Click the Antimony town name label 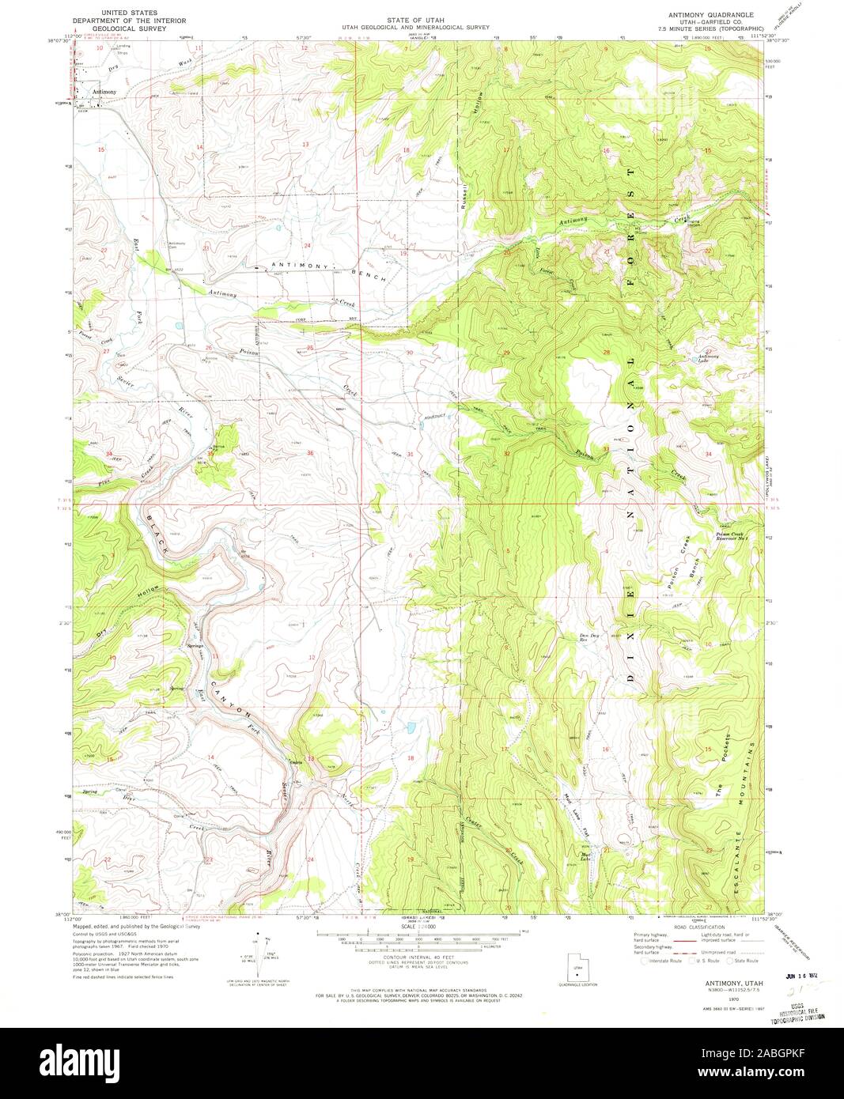pyautogui.click(x=104, y=92)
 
